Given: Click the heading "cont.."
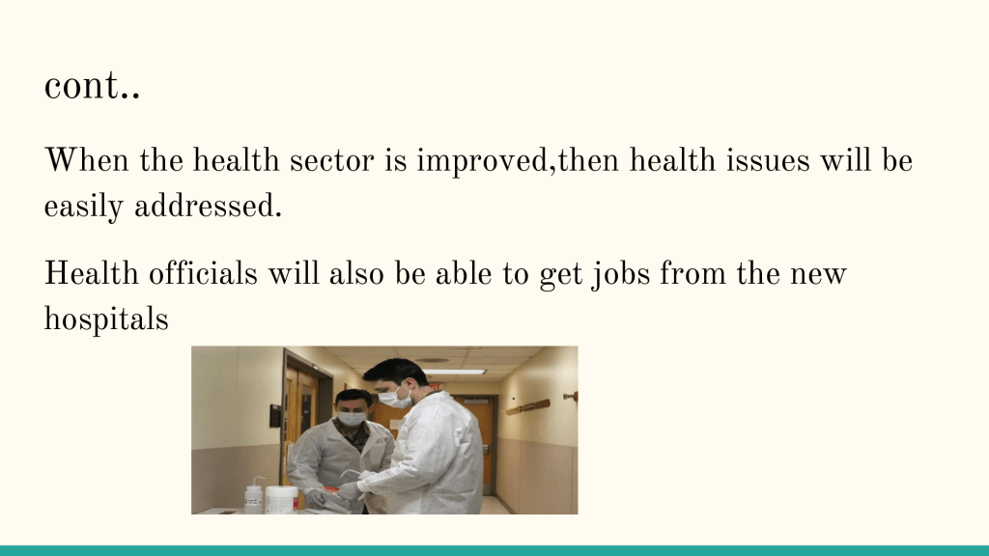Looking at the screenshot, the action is click(x=92, y=86).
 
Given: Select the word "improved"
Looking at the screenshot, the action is click(x=483, y=161).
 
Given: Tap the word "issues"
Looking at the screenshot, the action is click(x=768, y=160).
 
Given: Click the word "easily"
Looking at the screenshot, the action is click(x=83, y=208).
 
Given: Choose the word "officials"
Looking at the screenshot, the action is click(x=203, y=273).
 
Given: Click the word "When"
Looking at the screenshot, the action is click(x=87, y=160).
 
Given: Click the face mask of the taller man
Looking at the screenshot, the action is click(x=395, y=398).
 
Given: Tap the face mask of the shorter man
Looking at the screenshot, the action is click(x=352, y=418).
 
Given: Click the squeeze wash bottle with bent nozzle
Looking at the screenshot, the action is click(x=253, y=495).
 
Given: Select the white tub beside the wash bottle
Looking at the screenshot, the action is click(x=281, y=499).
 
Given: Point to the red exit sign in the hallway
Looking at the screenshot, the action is click(x=435, y=384).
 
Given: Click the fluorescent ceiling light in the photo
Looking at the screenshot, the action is click(x=453, y=373).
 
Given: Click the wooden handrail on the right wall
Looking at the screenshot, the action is click(x=528, y=407).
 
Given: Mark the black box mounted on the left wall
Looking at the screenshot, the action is click(x=275, y=416).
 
